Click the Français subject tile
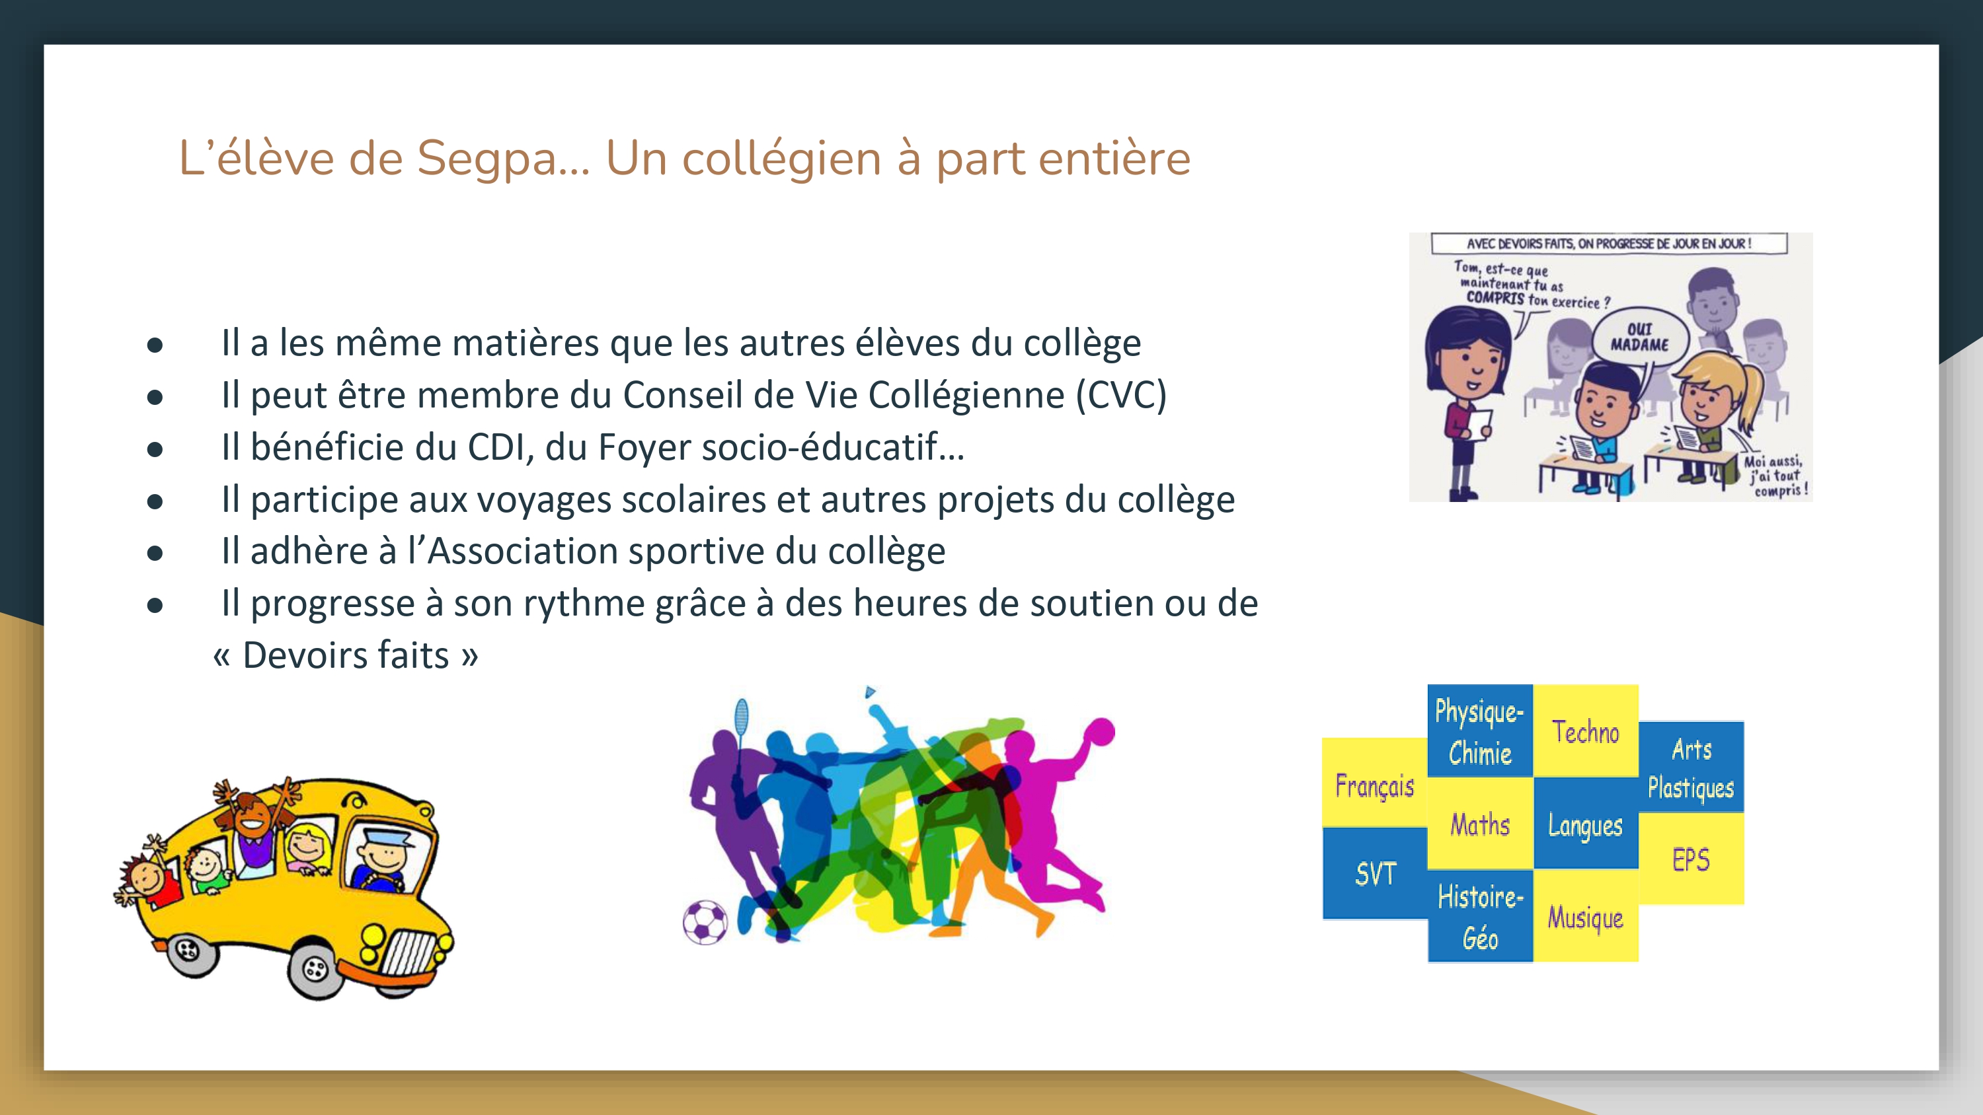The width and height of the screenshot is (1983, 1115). (1375, 783)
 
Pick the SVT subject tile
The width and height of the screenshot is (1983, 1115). (1375, 873)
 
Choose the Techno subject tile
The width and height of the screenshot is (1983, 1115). (1586, 731)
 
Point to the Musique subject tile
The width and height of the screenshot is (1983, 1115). (1586, 916)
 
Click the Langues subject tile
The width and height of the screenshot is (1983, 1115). (1586, 823)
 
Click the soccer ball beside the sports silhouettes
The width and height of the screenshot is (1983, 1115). (705, 922)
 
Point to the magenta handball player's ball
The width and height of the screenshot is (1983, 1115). (1100, 731)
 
